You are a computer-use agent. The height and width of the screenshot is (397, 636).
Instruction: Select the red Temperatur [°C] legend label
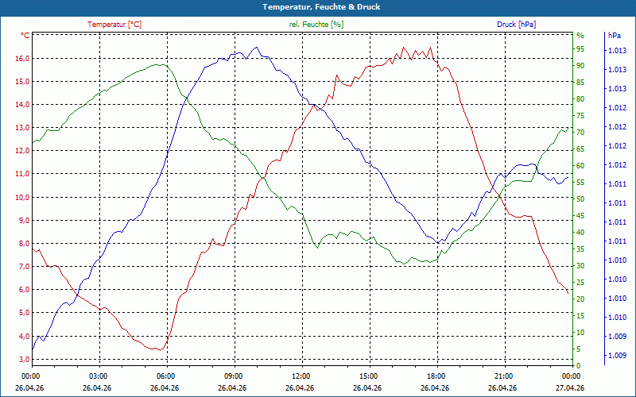point(114,25)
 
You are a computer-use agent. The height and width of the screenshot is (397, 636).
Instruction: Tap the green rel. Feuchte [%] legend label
point(316,25)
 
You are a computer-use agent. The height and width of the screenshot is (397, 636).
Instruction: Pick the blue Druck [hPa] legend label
point(516,25)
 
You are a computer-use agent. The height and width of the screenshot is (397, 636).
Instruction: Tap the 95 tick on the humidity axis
point(580,50)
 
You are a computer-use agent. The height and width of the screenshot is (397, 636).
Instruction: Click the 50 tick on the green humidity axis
point(580,199)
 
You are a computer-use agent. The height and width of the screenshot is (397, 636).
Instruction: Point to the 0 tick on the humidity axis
point(579,365)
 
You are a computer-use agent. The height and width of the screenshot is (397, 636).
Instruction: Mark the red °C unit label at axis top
point(25,36)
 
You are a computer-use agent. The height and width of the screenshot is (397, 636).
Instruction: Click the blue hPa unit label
point(615,36)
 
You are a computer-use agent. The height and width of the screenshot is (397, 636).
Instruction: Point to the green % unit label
point(580,36)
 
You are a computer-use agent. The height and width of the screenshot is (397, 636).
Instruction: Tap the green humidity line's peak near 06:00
point(159,64)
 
